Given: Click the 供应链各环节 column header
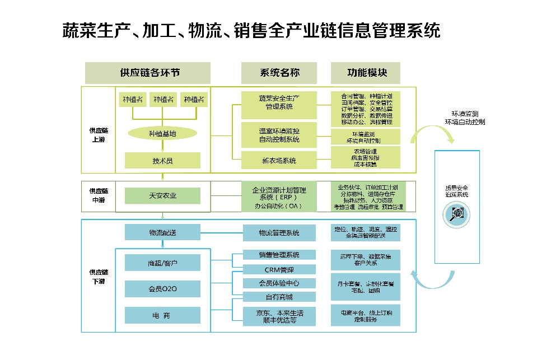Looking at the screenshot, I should [x=148, y=73].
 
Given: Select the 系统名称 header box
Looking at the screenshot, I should [x=279, y=73].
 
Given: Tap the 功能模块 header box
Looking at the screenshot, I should [x=366, y=73].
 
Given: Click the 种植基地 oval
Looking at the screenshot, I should [x=162, y=134].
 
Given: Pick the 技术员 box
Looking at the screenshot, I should [x=162, y=161].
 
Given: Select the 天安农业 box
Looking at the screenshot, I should [x=162, y=195].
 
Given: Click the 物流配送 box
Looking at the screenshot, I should [x=162, y=232].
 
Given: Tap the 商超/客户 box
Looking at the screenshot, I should [x=162, y=262].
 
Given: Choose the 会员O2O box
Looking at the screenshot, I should [x=162, y=289].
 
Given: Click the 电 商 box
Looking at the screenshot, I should [x=162, y=316].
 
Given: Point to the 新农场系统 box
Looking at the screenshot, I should [x=279, y=161].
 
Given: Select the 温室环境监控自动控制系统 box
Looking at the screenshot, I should [x=279, y=135].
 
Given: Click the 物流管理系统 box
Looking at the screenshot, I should [x=279, y=232].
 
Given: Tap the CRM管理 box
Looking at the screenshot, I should [x=279, y=270].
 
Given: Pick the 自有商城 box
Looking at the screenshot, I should [x=279, y=296].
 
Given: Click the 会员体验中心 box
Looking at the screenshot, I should [x=279, y=283].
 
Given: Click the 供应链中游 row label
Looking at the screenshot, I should [x=97, y=196].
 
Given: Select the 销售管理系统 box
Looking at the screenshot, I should [x=279, y=255].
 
